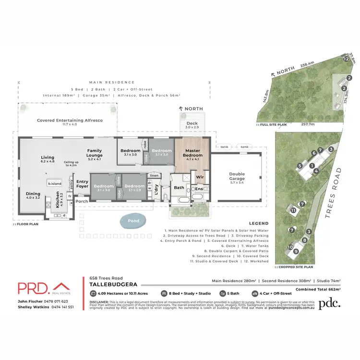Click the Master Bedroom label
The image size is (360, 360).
(192, 153)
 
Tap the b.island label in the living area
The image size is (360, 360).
(54, 183)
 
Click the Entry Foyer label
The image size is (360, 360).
(82, 184)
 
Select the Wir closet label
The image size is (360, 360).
(200, 177)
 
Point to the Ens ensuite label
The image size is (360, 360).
(199, 189)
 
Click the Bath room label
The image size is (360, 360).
(179, 188)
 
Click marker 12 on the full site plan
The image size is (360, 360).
(346, 59)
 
